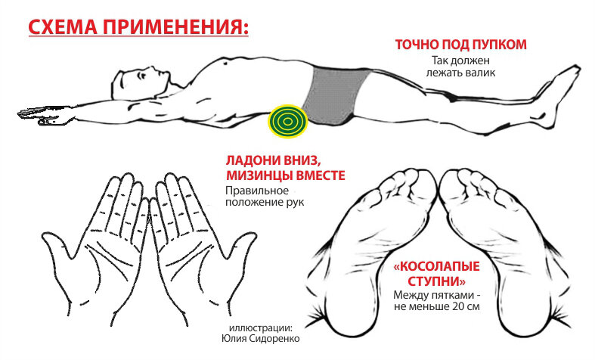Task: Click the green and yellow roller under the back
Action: tap(287, 121)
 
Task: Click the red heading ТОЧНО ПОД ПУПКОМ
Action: tap(460, 45)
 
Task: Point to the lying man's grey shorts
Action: tap(335, 95)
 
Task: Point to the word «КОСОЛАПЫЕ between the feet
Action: tap(436, 265)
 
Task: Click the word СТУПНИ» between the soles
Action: tap(436, 281)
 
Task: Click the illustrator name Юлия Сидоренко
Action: tap(260, 338)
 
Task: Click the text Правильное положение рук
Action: tap(265, 196)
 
